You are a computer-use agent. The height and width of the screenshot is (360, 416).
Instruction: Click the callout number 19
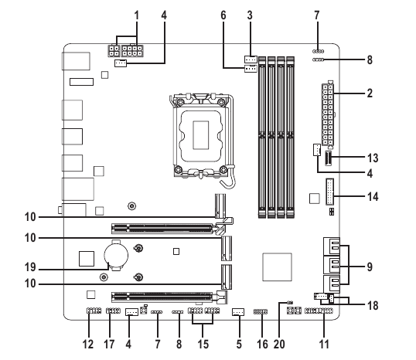pyautogui.click(x=30, y=267)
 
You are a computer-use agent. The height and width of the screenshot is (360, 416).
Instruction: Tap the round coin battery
pyautogui.click(x=116, y=256)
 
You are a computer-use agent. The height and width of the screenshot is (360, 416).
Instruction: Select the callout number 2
pyautogui.click(x=370, y=93)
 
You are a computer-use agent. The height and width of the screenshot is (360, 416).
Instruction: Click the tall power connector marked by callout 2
pyautogui.click(x=328, y=114)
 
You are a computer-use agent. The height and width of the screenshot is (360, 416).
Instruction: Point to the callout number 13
pyautogui.click(x=373, y=158)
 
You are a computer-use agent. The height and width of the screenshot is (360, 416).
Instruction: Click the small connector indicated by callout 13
pyautogui.click(x=328, y=158)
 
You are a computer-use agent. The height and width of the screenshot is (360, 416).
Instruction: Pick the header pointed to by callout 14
pyautogui.click(x=329, y=192)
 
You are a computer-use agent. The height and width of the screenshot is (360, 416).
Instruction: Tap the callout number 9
pyautogui.click(x=370, y=267)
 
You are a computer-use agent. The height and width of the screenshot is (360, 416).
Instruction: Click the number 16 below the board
pyautogui.click(x=262, y=344)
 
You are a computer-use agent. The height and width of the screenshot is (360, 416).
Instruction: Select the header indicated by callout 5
pyautogui.click(x=238, y=312)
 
